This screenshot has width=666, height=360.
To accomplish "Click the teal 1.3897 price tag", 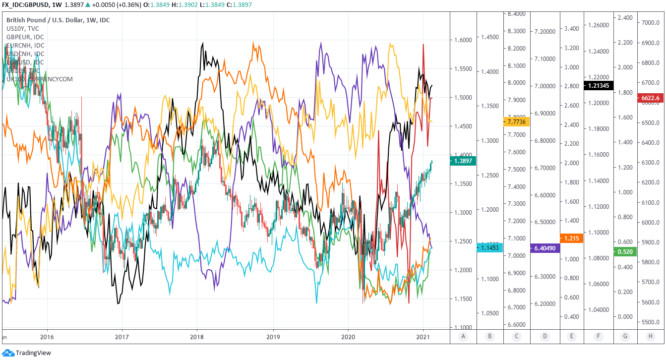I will (x=462, y=161).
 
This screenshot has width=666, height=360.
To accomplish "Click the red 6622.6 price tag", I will (x=650, y=98).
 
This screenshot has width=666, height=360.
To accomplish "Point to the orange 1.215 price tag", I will (x=571, y=239).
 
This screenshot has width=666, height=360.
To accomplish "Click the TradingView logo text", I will (x=33, y=353).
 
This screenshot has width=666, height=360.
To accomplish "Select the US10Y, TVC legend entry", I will (x=22, y=29).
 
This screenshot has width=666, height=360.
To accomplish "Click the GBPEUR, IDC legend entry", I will (x=25, y=37).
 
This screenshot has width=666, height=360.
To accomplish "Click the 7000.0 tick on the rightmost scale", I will (x=650, y=23).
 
